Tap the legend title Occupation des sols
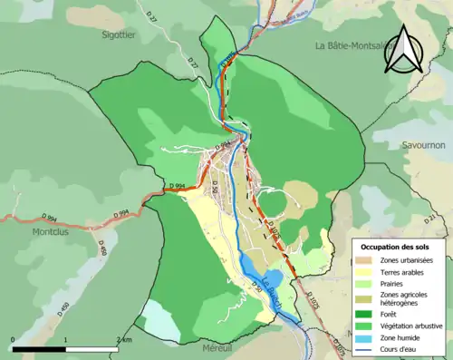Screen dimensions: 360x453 (x=394, y=247)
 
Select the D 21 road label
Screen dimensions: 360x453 (x=431, y=219)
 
